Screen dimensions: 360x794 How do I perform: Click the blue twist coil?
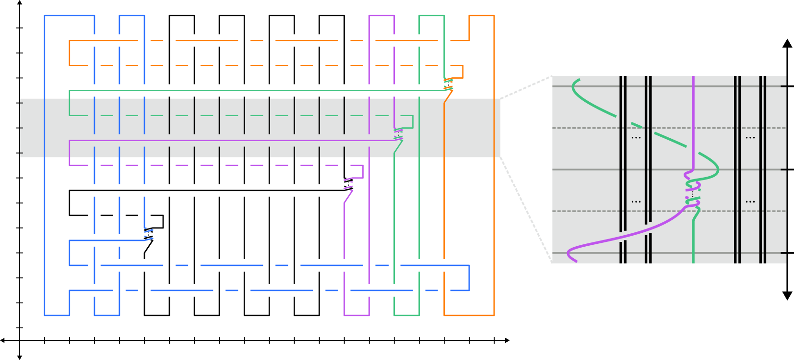(149, 234)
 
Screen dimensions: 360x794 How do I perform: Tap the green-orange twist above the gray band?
(448, 84)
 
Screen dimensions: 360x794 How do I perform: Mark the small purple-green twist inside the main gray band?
(398, 134)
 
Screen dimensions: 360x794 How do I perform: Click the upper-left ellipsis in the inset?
(636, 138)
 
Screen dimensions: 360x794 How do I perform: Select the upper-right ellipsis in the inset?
(750, 138)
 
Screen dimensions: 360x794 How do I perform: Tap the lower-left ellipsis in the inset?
(636, 202)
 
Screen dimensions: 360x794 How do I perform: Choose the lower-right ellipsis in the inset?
(750, 202)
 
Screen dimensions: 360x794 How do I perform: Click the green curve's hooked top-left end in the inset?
(574, 84)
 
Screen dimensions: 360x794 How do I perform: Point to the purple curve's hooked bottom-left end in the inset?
(570, 254)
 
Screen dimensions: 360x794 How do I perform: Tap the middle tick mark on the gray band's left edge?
(21, 128)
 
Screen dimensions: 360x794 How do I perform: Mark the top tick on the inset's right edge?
(783, 86)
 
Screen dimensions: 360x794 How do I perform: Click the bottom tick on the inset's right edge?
(783, 252)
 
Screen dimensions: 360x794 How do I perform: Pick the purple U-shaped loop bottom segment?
(356, 315)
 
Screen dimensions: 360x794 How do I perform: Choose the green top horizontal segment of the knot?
(431, 15)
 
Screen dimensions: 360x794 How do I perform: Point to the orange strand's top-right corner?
(494, 16)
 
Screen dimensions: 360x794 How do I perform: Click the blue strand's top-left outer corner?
(45, 16)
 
